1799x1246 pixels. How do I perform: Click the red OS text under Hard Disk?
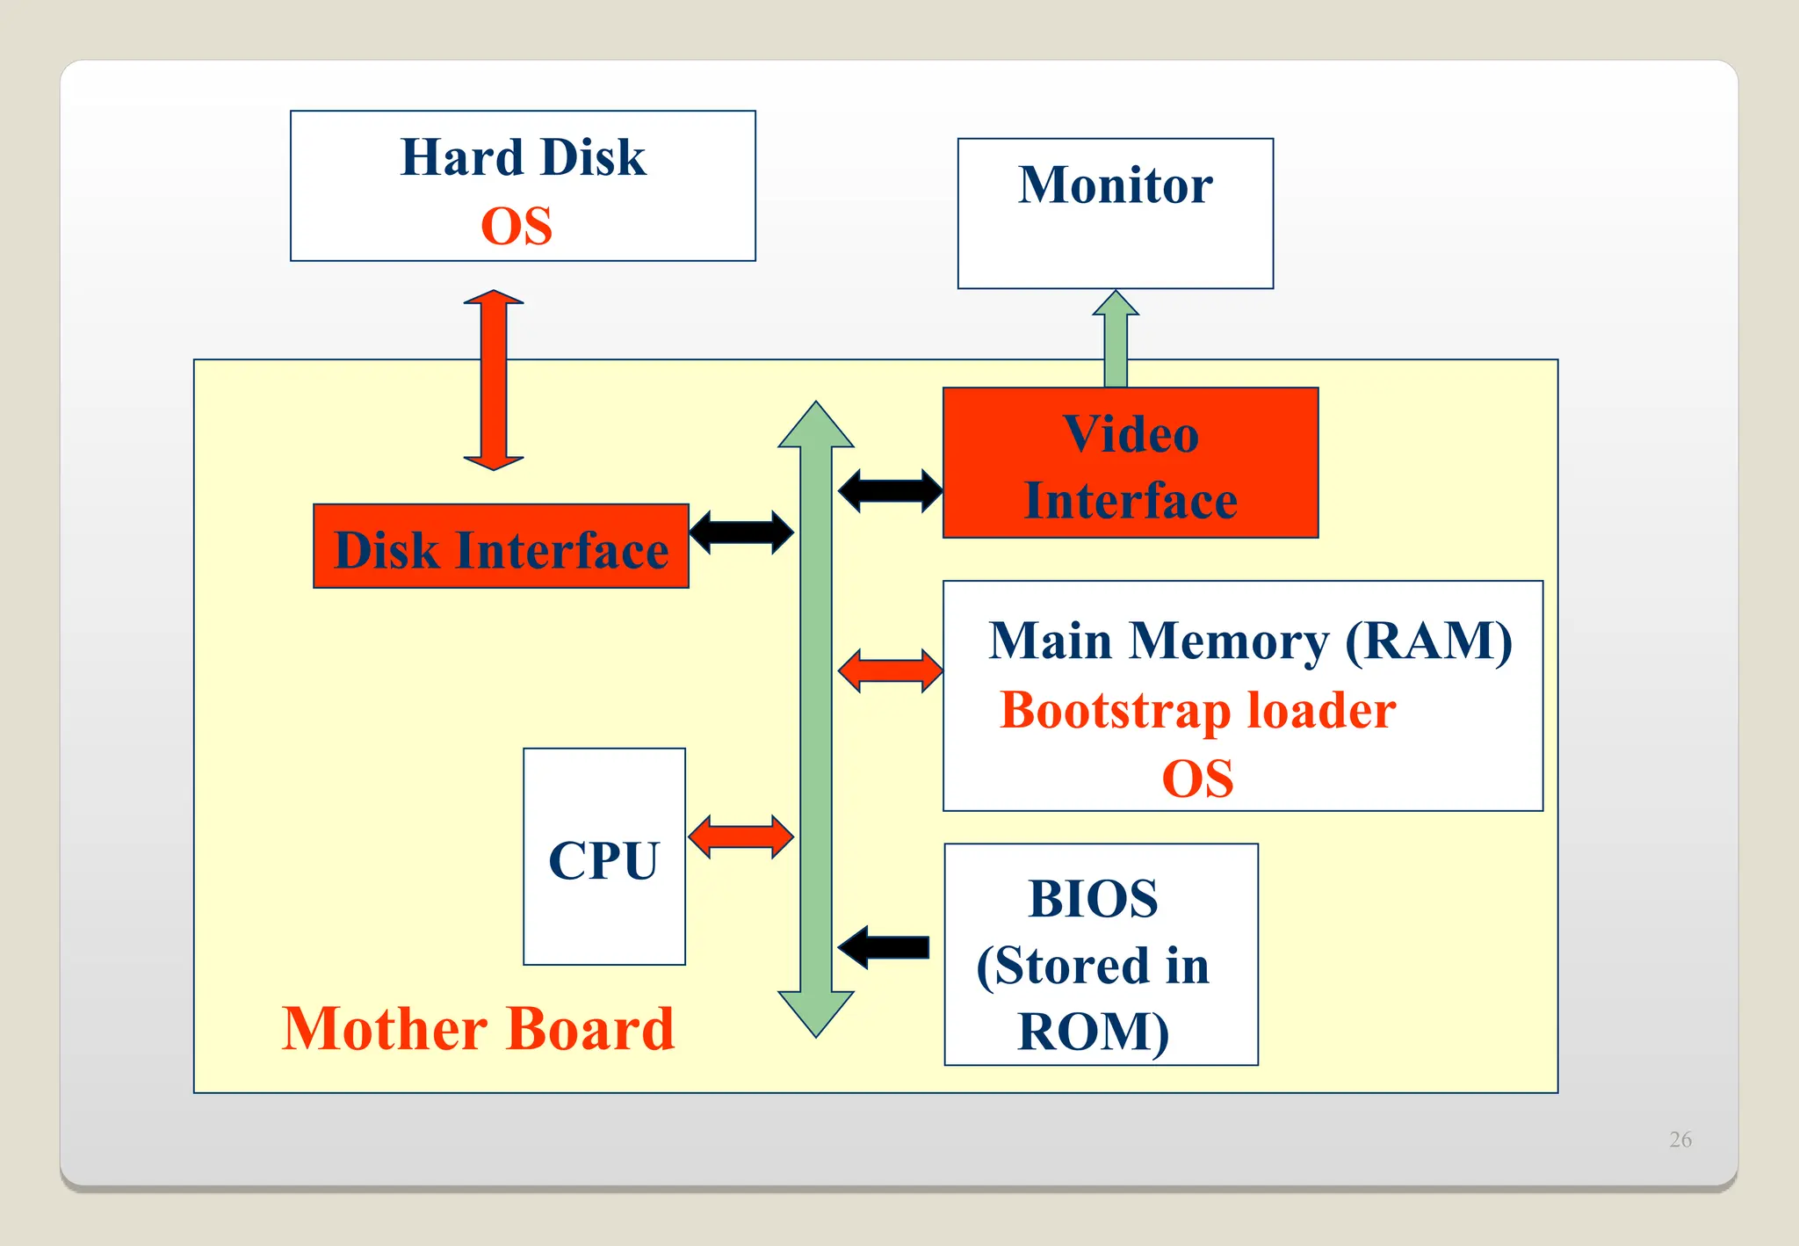click(x=517, y=227)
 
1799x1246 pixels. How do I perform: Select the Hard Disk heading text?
click(x=523, y=157)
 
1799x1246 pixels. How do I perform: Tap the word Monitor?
click(x=1115, y=185)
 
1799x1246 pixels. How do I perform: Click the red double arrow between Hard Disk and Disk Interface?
click(x=494, y=380)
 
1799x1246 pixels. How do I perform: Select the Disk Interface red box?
click(x=501, y=547)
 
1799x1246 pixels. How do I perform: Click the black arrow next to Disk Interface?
click(x=741, y=532)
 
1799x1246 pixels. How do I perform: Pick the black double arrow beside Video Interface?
click(x=890, y=490)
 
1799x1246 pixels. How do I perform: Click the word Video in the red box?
click(x=1131, y=434)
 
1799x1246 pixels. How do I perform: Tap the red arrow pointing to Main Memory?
click(x=890, y=671)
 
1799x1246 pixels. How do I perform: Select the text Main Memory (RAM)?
click(x=1250, y=641)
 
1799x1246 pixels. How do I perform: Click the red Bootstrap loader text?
click(x=1197, y=710)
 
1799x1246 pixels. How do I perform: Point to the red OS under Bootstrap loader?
click(x=1197, y=779)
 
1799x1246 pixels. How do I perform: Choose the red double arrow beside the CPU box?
click(x=741, y=837)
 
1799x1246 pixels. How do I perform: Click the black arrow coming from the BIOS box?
click(x=884, y=947)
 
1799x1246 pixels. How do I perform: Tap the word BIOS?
click(x=1093, y=899)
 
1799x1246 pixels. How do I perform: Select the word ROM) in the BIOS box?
click(x=1093, y=1032)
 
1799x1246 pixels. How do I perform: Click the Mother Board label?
click(x=478, y=1029)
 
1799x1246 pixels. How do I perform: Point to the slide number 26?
click(x=1680, y=1140)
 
